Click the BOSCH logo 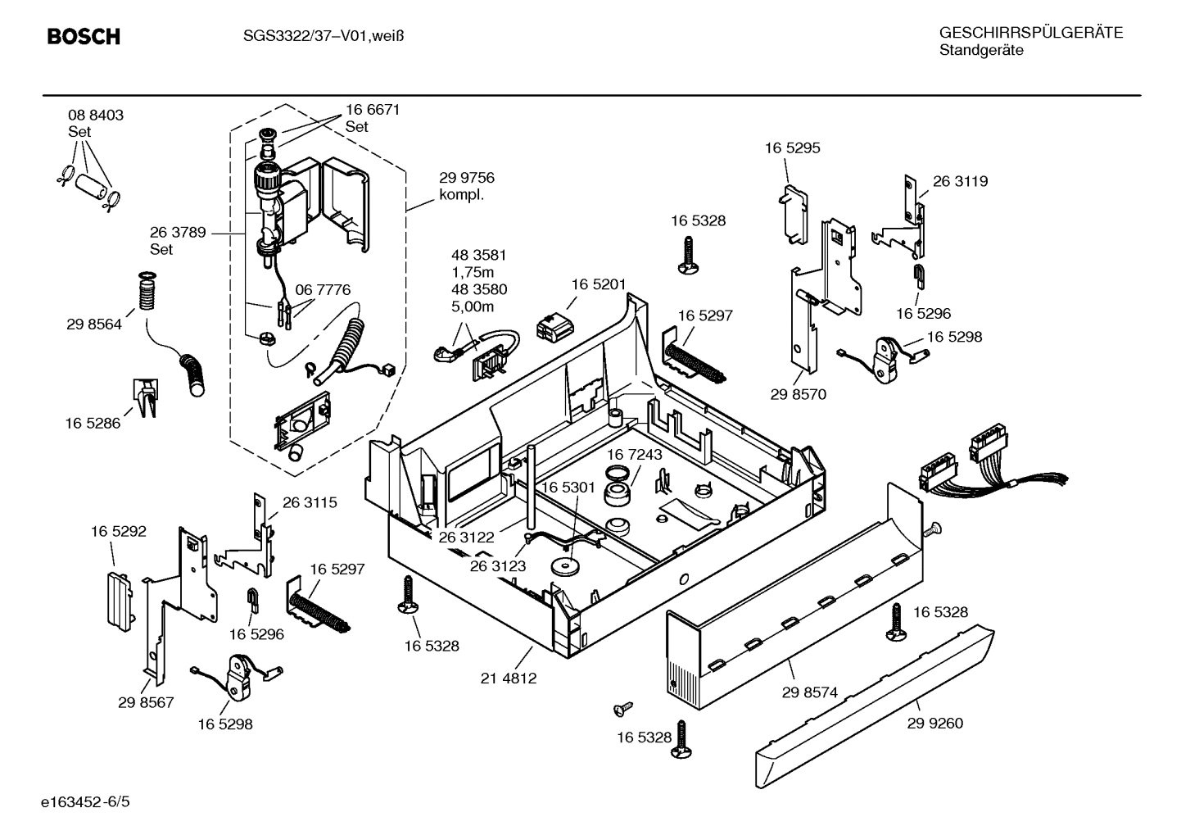pos(83,37)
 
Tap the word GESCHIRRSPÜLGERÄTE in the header pos(1030,34)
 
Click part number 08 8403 pos(95,116)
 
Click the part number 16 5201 pos(598,284)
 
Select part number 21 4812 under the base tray pos(508,678)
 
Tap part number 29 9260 pos(934,724)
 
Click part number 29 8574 pos(809,692)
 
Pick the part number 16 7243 pos(634,454)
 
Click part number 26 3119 pos(960,182)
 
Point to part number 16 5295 pos(792,148)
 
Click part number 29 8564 pos(93,324)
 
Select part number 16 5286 pos(93,424)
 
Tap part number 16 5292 pos(118,532)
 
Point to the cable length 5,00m pos(472,307)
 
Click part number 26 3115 pos(310,503)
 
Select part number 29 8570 pos(798,394)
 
